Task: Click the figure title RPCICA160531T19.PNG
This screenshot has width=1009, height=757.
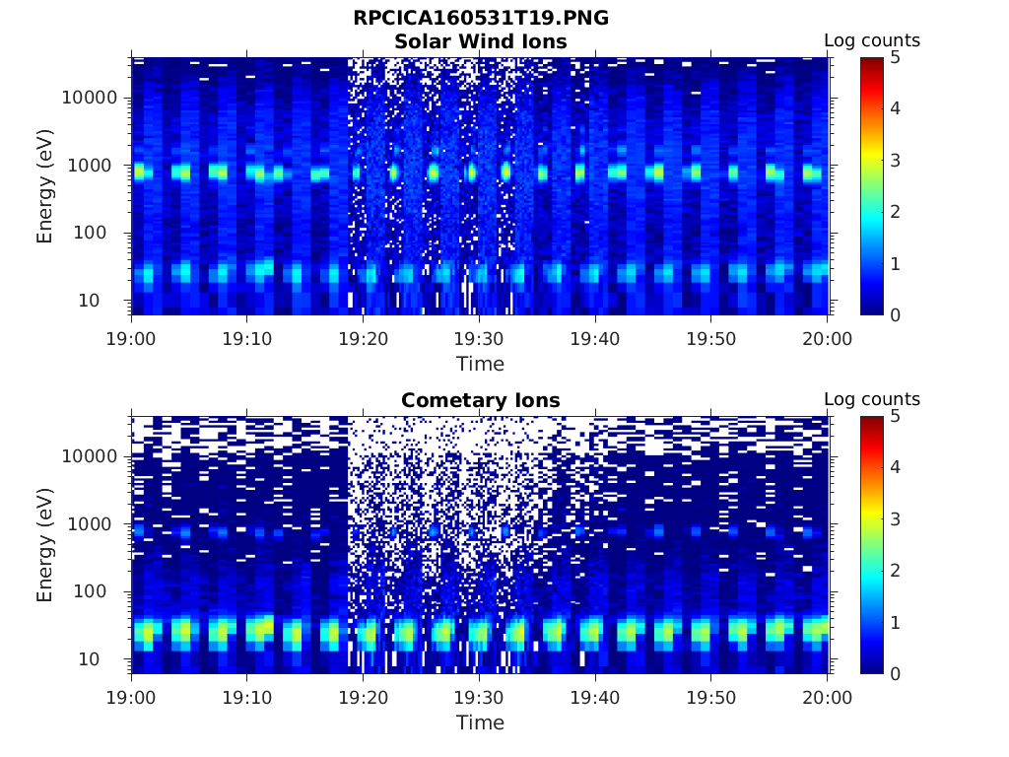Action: click(x=480, y=19)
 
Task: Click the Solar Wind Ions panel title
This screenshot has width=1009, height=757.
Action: click(x=480, y=41)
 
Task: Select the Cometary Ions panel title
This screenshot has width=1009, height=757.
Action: click(x=480, y=400)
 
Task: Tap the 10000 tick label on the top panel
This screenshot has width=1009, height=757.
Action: click(x=90, y=98)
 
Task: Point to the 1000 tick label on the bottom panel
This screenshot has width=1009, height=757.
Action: click(x=95, y=524)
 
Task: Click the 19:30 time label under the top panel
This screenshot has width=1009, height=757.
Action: click(x=480, y=338)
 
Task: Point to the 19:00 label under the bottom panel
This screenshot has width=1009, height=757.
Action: click(x=131, y=697)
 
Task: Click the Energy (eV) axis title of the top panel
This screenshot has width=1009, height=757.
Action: click(x=45, y=186)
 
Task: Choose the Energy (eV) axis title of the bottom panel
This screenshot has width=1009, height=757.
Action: click(x=45, y=545)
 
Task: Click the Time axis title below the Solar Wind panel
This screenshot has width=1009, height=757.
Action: click(x=480, y=364)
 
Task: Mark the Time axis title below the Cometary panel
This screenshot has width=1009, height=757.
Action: click(x=480, y=723)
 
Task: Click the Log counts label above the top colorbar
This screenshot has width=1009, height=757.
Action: click(x=872, y=40)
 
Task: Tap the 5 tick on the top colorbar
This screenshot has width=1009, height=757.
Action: click(x=896, y=57)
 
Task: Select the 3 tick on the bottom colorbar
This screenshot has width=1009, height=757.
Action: click(x=896, y=518)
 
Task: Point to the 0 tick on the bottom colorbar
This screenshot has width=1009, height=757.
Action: click(x=896, y=673)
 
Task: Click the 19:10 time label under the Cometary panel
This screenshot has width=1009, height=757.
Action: click(x=247, y=697)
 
